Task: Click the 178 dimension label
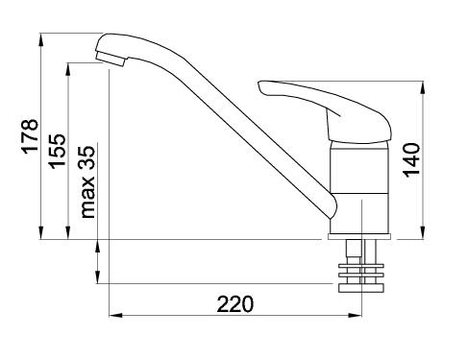coord(30,135)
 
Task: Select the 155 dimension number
coord(57,151)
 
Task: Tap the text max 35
coord(87,181)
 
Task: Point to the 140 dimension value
coord(411,159)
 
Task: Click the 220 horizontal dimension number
coord(235,304)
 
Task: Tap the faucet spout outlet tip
coord(110,60)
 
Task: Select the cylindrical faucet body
coord(360,187)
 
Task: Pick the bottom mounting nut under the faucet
coord(361,288)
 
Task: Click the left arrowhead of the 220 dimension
coord(116,315)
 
